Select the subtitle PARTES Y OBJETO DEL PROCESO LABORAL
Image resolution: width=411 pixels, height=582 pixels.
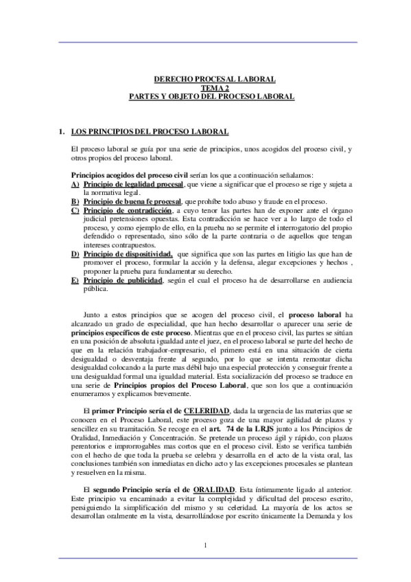[x=212, y=97]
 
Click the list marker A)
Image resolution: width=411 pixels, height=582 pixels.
[x=75, y=185]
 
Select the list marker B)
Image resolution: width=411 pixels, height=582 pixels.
[x=75, y=201]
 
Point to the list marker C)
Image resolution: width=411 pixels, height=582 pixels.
[x=75, y=210]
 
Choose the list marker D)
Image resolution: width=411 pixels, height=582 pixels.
[x=75, y=254]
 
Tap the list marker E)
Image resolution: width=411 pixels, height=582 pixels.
[x=75, y=281]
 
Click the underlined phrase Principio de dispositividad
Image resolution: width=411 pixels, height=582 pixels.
[x=127, y=254]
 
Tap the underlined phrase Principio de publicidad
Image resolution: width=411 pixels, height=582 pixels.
[x=122, y=281]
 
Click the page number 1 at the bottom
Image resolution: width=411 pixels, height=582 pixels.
[x=205, y=546]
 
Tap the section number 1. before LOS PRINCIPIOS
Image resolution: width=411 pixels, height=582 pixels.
[x=61, y=130]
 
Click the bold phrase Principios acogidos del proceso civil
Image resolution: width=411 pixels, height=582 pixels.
[x=119, y=176]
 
